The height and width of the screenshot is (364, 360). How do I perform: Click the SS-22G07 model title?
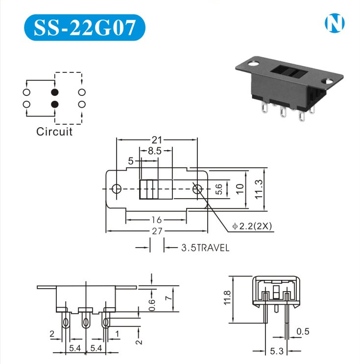tap(85, 27)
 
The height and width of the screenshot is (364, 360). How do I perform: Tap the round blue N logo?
tap(335, 23)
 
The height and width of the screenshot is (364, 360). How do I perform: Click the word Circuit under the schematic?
tap(54, 132)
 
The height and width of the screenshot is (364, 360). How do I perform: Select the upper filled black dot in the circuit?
tap(55, 92)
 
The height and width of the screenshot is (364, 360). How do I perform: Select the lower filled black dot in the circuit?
tap(55, 104)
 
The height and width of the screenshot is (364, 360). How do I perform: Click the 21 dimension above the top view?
tap(157, 140)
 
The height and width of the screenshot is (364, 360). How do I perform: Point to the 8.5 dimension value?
tap(155, 151)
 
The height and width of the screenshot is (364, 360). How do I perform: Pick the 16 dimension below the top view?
tap(156, 220)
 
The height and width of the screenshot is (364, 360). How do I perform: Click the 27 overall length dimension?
tap(157, 231)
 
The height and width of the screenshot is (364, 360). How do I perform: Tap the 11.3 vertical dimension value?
tap(259, 189)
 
